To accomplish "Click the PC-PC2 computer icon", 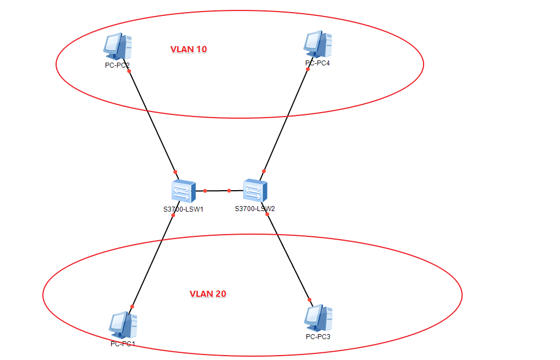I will click(x=117, y=47).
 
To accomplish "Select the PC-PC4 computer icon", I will click(x=317, y=45).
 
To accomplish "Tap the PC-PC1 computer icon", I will click(x=123, y=325).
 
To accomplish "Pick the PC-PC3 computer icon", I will click(x=317, y=318).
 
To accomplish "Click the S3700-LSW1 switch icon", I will click(x=183, y=191).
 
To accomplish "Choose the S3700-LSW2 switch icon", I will click(x=255, y=190).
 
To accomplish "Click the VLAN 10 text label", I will click(x=189, y=49).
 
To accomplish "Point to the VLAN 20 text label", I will click(x=208, y=293).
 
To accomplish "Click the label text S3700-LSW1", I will click(x=183, y=209).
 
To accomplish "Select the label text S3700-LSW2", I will click(x=255, y=209).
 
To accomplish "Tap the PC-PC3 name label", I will click(x=318, y=336).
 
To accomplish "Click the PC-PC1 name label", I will click(x=123, y=344).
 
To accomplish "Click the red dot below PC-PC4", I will click(x=308, y=69).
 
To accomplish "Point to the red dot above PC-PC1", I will click(x=132, y=307).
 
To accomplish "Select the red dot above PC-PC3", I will click(x=310, y=300).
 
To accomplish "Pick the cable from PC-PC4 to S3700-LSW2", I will click(x=286, y=120).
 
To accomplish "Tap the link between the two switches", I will click(x=217, y=191).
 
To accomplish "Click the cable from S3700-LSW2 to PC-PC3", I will click(x=288, y=257).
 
